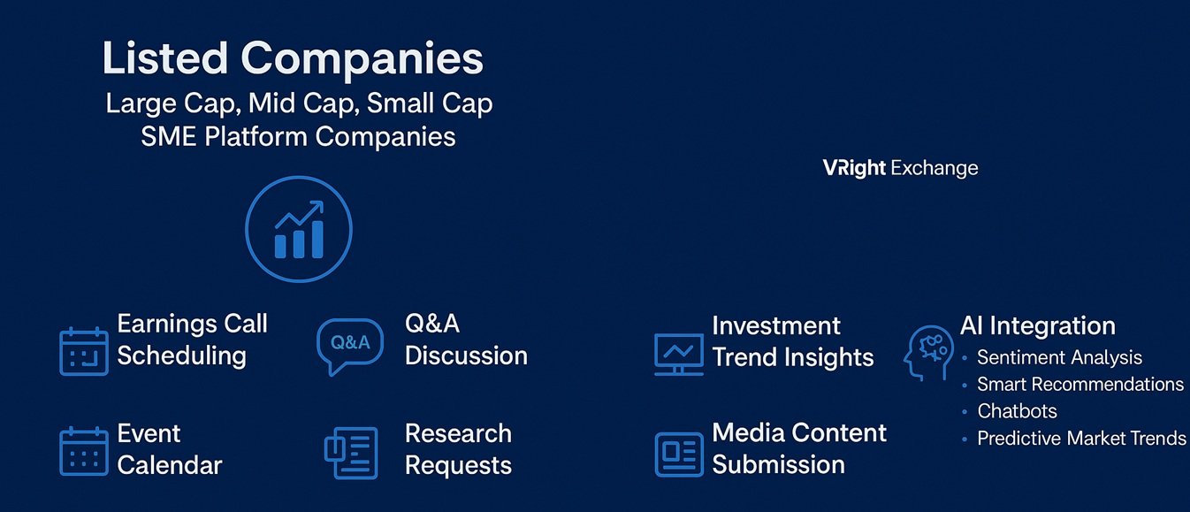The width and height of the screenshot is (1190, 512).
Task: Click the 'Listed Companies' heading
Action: pyautogui.click(x=293, y=59)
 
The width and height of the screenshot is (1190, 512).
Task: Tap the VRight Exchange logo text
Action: pyautogui.click(x=901, y=168)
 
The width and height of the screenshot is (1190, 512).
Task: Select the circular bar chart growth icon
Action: pyautogui.click(x=299, y=229)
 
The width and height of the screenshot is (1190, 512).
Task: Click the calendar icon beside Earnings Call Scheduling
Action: pyautogui.click(x=84, y=352)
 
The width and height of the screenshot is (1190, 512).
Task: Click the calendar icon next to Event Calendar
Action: pyautogui.click(x=84, y=451)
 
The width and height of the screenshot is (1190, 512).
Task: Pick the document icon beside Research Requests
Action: pyautogui.click(x=351, y=453)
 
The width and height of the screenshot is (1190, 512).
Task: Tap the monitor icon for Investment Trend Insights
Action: pyautogui.click(x=679, y=355)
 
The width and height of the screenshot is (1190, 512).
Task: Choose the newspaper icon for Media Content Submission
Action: pyautogui.click(x=679, y=455)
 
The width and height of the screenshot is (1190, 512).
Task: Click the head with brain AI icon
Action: pyautogui.click(x=928, y=353)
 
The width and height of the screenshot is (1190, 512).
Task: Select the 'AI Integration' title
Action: pyautogui.click(x=1038, y=325)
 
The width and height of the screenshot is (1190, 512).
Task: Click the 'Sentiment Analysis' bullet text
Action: pyautogui.click(x=1059, y=357)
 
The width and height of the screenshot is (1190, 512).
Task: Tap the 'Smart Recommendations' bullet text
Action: pyautogui.click(x=1080, y=384)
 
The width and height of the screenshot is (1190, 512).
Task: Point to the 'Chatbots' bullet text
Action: pyautogui.click(x=1017, y=411)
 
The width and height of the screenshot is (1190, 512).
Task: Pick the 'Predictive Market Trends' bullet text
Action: pyautogui.click(x=1081, y=439)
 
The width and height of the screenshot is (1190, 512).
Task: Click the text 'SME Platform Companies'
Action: pyautogui.click(x=298, y=137)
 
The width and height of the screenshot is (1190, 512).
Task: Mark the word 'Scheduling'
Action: pyautogui.click(x=182, y=356)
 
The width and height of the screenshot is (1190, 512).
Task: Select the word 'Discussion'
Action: pyautogui.click(x=466, y=355)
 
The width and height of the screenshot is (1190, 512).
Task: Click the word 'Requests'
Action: pyautogui.click(x=458, y=466)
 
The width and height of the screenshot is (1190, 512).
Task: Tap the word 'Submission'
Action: pyautogui.click(x=778, y=465)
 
